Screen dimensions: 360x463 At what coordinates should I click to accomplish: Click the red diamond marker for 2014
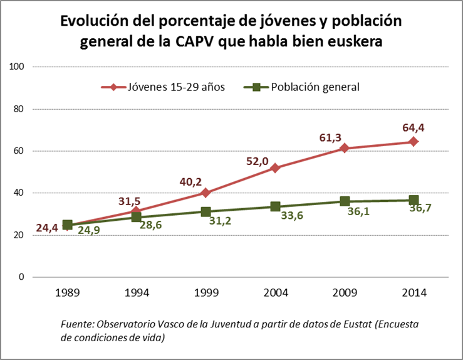tap(414, 142)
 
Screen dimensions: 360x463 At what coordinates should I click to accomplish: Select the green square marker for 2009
tap(345, 201)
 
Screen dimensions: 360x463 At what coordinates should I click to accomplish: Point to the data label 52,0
tap(274, 161)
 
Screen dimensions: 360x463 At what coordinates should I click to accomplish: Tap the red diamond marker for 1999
tap(205, 193)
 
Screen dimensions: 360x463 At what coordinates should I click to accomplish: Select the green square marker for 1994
tap(136, 217)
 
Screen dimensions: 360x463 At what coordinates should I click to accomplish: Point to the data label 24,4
tap(47, 228)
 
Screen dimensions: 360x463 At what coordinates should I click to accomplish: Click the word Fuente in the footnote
tap(76, 324)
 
